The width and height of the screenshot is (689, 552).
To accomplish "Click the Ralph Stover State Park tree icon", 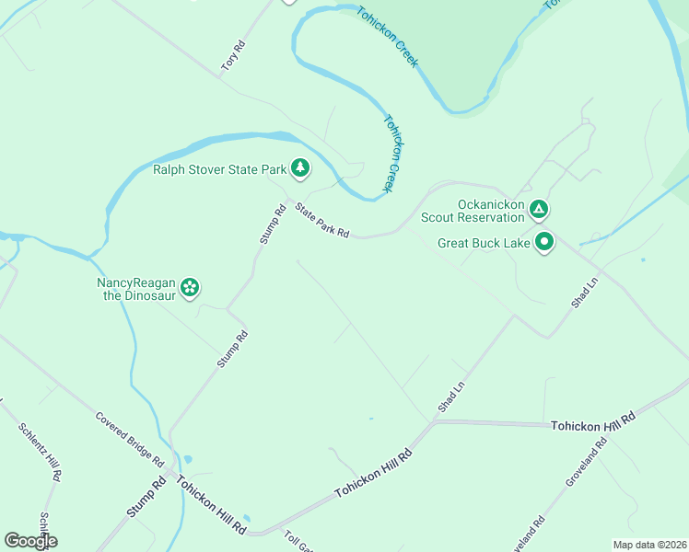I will [299, 167].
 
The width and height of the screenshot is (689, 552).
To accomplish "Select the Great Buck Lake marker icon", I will [544, 243].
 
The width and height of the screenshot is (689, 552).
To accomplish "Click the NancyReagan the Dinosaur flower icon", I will [190, 288].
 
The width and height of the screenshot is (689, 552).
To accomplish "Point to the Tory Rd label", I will [235, 56].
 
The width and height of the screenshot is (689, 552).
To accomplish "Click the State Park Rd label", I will [321, 221].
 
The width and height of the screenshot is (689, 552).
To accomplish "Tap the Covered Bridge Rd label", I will [129, 439].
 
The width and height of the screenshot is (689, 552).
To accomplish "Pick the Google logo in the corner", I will [29, 541].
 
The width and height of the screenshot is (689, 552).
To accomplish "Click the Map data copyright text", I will [649, 545].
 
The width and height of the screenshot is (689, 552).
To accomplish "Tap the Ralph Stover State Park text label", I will [219, 169].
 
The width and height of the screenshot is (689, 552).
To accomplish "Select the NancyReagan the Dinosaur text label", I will [136, 289].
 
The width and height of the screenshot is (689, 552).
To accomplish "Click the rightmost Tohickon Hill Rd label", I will [593, 421].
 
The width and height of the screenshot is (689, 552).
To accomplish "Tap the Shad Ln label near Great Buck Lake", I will [584, 291].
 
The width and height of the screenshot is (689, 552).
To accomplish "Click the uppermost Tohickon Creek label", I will [389, 36].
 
